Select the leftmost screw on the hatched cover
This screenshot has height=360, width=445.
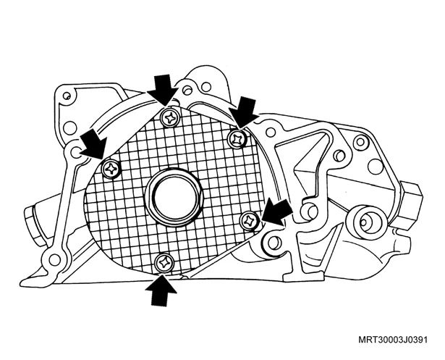coord(111,169)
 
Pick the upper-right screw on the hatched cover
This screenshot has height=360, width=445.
coord(238,138)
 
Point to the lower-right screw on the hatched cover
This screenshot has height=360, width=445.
coord(250,221)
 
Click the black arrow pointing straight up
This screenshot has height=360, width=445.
coord(161,290)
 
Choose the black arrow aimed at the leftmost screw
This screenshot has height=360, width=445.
coord(94,144)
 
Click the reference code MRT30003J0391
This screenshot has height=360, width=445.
coord(393,340)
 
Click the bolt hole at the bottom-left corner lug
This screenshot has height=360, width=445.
coord(54,259)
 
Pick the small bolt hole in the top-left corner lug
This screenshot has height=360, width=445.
coord(67,95)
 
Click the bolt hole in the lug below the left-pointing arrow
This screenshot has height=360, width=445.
coord(273,241)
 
